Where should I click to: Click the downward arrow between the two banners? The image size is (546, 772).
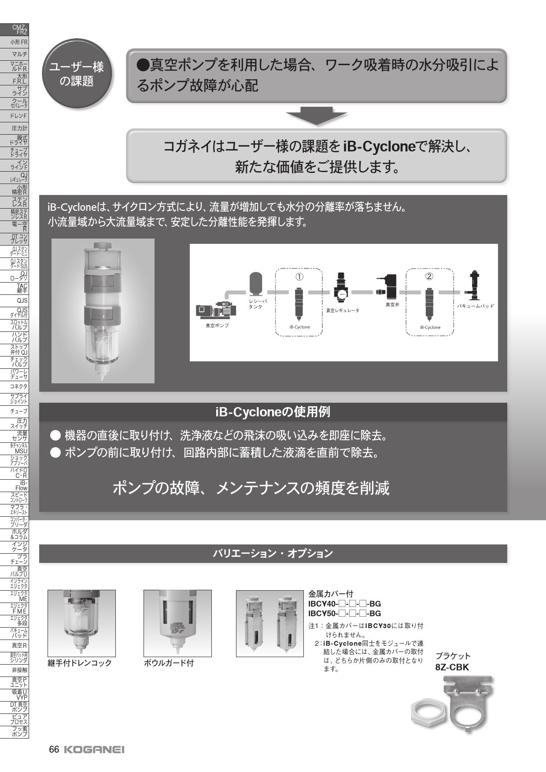tap(316, 116)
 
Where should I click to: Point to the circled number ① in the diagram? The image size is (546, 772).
tap(299, 276)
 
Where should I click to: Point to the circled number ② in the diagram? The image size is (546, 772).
tap(429, 276)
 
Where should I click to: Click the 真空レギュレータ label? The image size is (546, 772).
tap(342, 310)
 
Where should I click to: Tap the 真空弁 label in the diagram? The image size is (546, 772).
tap(392, 305)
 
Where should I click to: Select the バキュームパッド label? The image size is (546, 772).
tap(475, 306)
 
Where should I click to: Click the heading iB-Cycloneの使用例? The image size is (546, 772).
tap(273, 412)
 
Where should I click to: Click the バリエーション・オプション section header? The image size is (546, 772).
tap(273, 554)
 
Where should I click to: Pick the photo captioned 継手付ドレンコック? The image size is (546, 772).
tap(81, 623)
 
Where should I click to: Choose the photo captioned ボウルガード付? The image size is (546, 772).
tap(177, 623)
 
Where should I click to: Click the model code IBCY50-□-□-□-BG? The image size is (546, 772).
tap(344, 614)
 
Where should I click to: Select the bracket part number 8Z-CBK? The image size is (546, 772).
tap(452, 667)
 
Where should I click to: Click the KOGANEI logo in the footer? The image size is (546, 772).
tap(94, 750)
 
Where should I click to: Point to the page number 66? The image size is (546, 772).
tap(54, 750)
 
